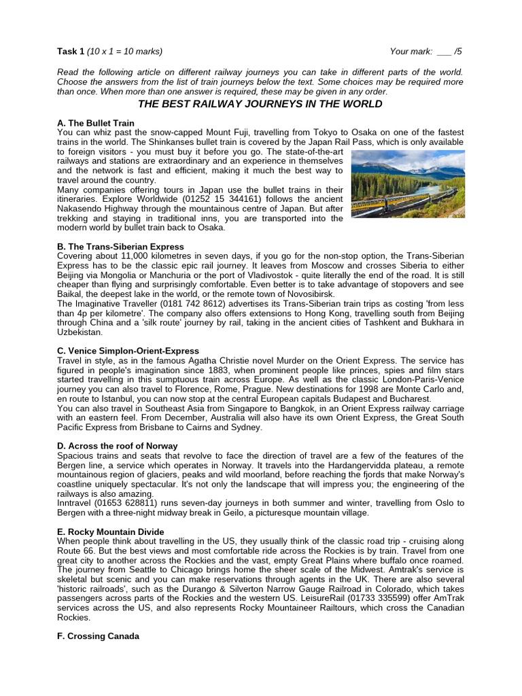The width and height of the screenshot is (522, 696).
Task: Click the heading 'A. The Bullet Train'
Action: point(96,123)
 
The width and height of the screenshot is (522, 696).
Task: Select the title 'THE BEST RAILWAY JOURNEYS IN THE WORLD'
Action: point(260,104)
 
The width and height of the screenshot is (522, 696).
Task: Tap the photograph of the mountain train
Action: point(408,183)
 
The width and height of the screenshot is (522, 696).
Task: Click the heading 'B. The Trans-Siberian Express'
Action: point(120,246)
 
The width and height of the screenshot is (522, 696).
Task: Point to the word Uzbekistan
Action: point(80,332)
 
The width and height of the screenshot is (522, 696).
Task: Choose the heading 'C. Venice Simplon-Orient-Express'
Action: point(128,351)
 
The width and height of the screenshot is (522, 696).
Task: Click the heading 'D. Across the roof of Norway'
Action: point(118,446)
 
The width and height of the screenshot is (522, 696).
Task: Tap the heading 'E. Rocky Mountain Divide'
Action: point(111,531)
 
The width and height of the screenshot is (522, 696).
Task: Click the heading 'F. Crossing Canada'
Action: point(99,636)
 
